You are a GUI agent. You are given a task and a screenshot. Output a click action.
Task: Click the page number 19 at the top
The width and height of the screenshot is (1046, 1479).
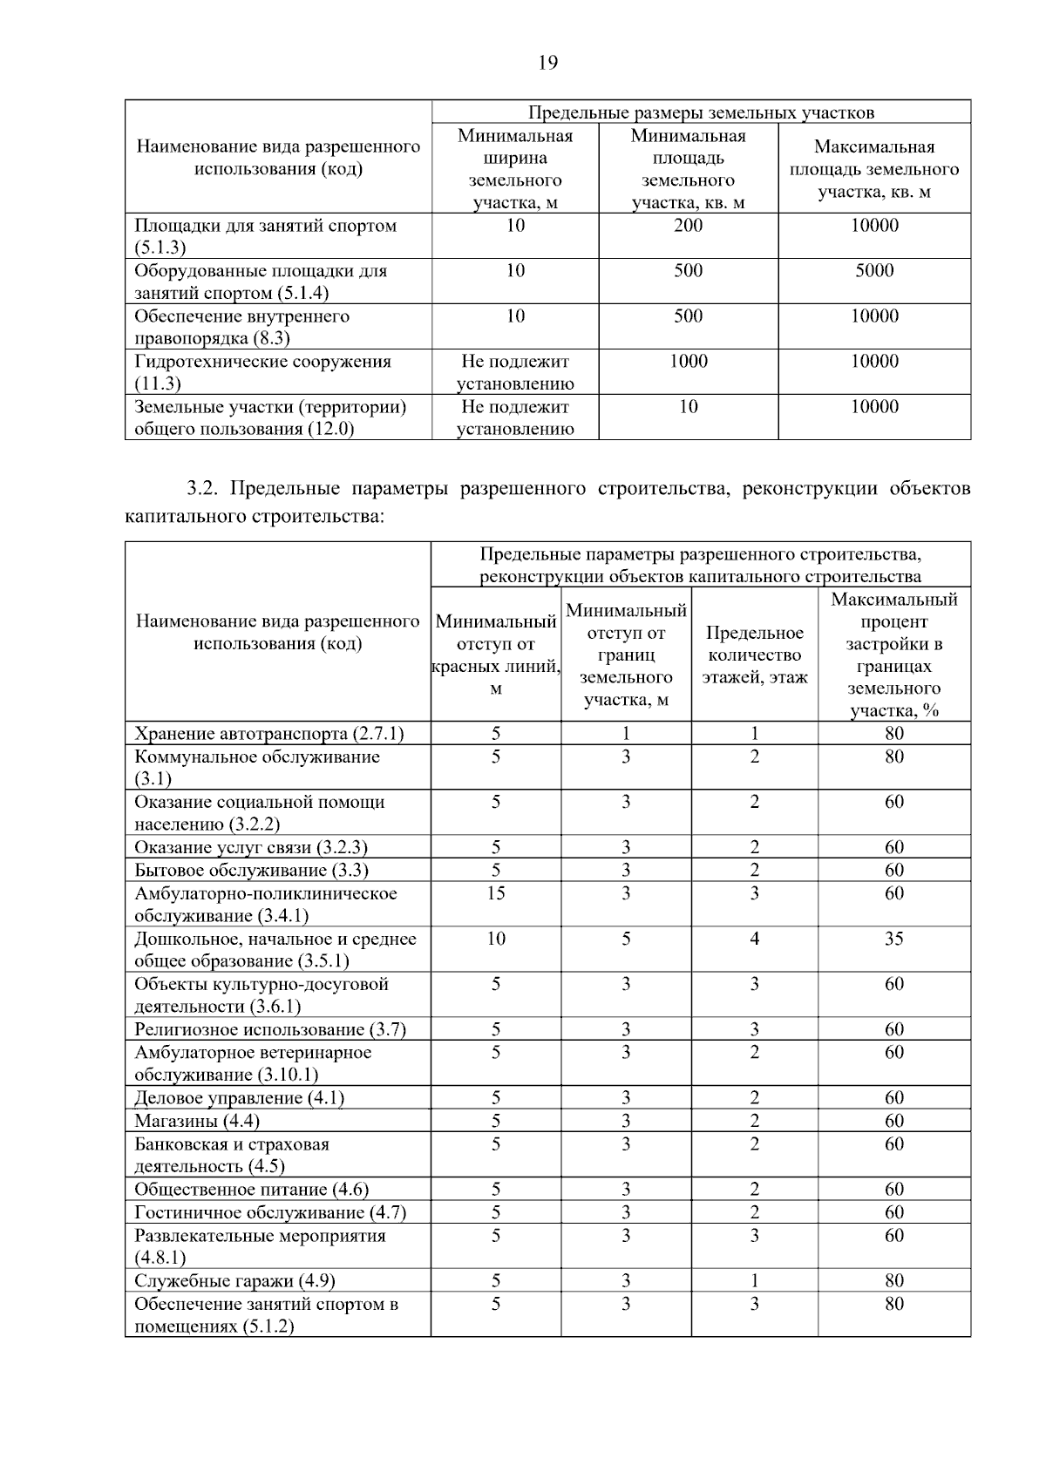547,62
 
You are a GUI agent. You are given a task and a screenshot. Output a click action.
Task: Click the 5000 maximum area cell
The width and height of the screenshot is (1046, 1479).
874,271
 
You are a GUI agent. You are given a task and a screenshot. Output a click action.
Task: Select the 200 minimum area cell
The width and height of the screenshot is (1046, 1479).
688,226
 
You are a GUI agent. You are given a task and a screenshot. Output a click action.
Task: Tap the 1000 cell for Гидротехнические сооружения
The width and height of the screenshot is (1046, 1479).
688,362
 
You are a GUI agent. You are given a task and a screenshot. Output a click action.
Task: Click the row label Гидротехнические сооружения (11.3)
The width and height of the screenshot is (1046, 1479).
262,372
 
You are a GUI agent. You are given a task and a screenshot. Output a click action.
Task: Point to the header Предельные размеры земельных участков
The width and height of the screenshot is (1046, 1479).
701,112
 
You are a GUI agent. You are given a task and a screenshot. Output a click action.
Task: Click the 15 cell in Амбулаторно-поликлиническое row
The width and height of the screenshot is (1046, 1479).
495,893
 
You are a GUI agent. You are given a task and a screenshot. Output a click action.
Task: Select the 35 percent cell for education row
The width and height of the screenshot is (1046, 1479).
893,939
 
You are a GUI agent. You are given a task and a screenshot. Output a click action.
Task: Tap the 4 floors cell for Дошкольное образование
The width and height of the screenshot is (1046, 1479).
754,939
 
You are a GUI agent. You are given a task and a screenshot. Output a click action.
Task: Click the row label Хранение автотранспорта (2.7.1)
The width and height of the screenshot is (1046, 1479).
269,733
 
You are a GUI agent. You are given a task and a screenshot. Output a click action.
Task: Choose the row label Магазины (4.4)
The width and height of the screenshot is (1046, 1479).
197,1121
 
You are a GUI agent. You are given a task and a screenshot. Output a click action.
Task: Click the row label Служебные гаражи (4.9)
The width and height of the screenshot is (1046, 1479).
234,1280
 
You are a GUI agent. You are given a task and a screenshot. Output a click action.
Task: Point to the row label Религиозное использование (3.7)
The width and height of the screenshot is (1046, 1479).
270,1029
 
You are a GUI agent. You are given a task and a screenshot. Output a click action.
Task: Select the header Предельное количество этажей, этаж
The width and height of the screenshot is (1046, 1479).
755,655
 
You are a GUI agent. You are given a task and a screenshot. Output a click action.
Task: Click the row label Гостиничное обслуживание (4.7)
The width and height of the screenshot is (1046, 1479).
270,1212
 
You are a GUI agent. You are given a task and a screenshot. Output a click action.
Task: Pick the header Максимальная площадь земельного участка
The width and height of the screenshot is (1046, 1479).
874,169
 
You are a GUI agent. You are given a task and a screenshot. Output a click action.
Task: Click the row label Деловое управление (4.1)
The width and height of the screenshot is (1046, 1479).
239,1098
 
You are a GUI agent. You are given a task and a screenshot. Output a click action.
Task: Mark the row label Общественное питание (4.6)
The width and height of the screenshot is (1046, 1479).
251,1190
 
